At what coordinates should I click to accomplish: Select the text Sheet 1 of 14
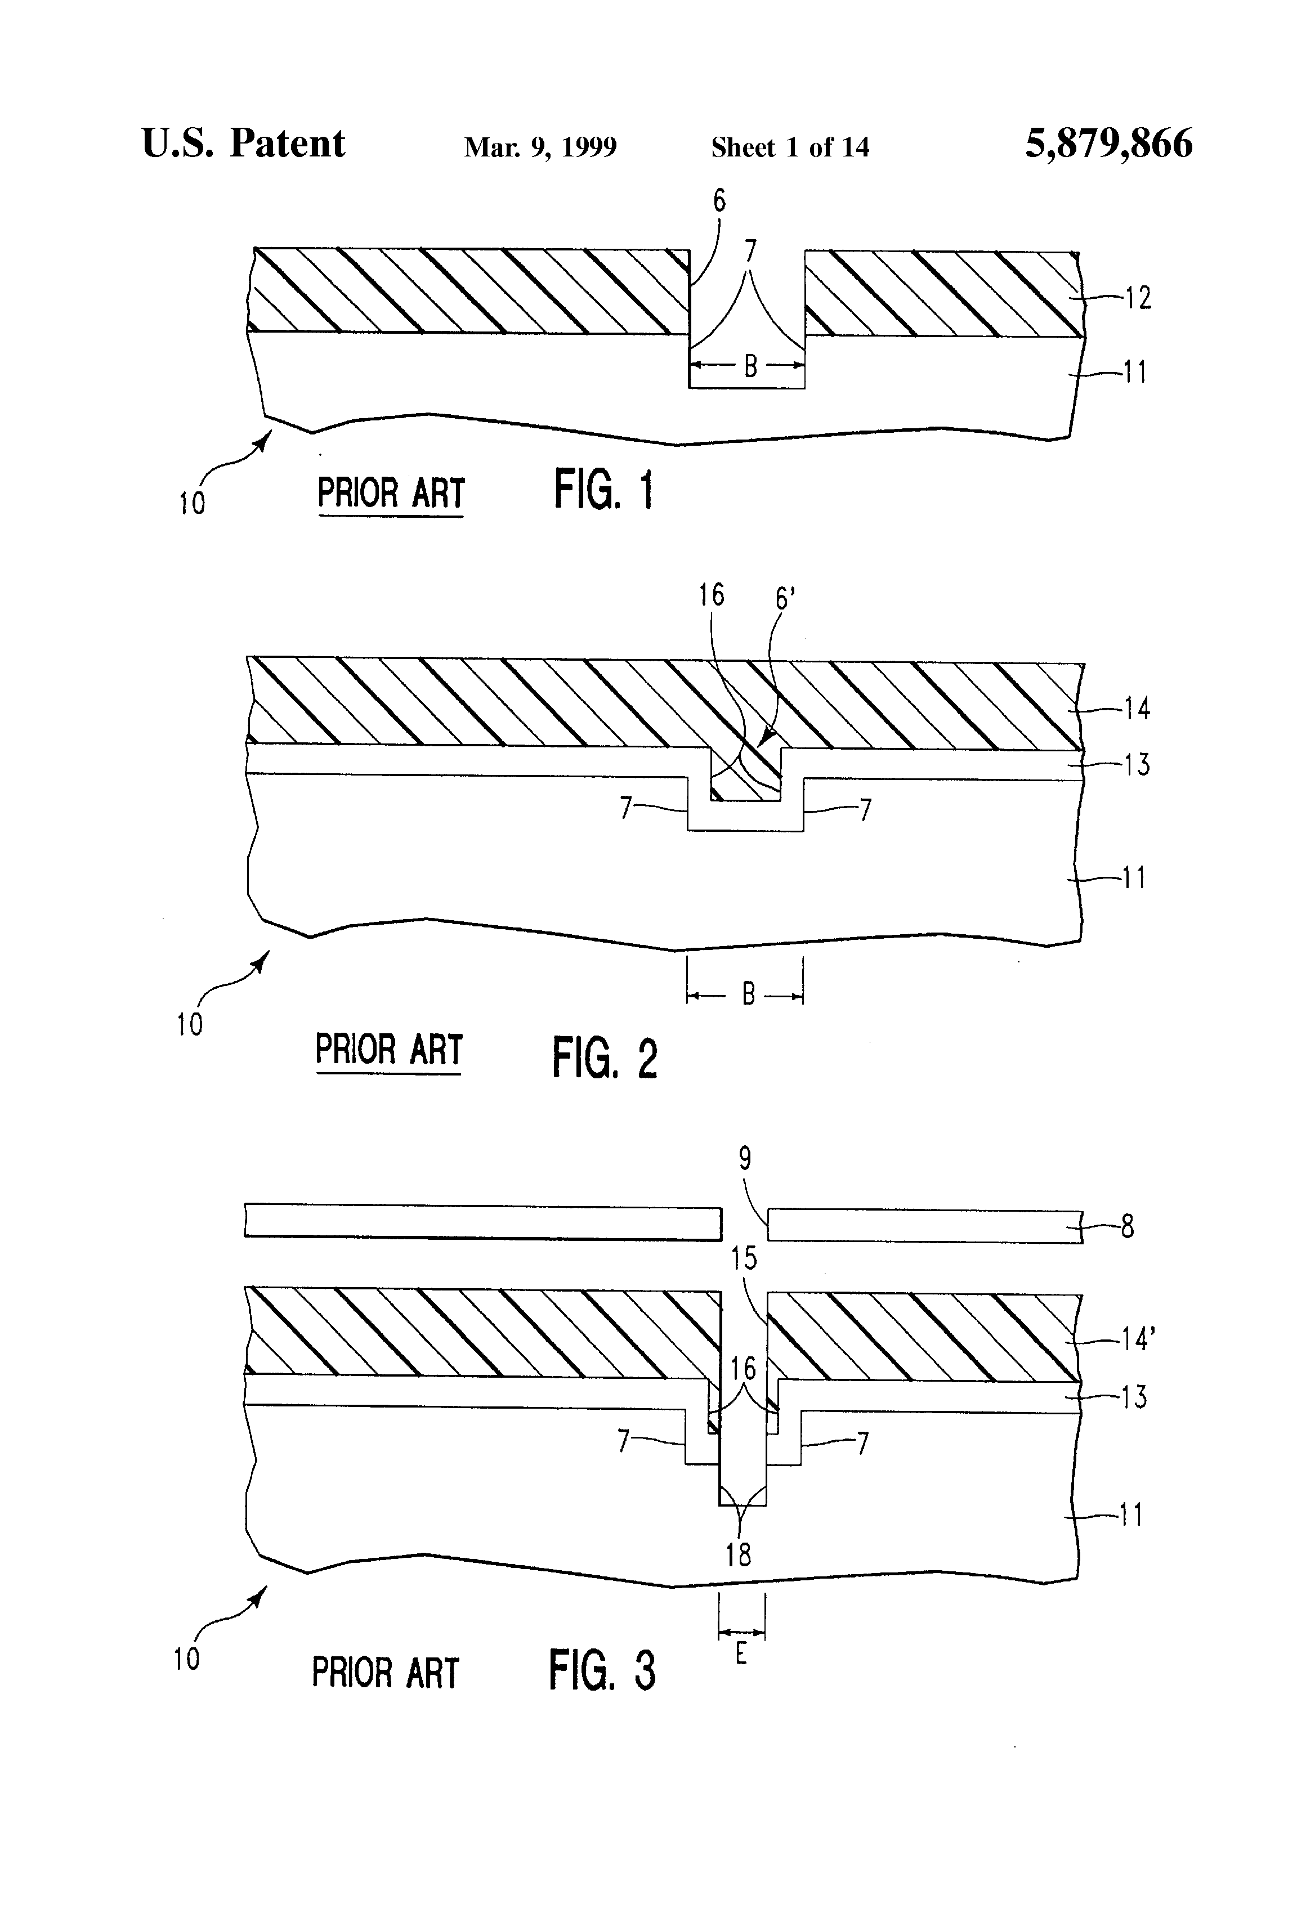point(790,147)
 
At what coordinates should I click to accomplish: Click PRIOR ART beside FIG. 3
point(384,1673)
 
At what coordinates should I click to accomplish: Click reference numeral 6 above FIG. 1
point(719,200)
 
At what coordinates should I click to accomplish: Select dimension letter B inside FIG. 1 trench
point(750,366)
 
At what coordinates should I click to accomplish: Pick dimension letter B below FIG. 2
point(748,994)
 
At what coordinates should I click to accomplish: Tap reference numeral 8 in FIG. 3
point(1127,1227)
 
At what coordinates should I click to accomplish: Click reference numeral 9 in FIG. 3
point(745,1159)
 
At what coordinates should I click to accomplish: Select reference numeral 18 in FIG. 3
point(738,1555)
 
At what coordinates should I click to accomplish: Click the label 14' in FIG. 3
point(1138,1339)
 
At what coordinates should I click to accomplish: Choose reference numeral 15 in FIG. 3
point(744,1258)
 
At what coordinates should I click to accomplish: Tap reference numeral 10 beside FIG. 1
point(191,503)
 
